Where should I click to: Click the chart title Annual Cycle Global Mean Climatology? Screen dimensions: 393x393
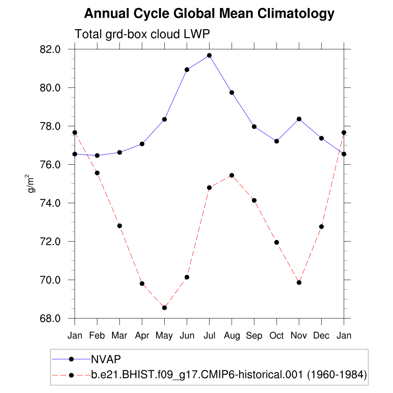(209, 14)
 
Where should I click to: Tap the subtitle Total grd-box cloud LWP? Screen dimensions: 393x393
(142, 34)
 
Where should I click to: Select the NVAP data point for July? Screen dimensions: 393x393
(209, 55)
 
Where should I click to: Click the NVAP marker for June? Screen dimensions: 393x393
(187, 69)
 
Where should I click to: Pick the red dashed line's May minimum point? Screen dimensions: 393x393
(165, 307)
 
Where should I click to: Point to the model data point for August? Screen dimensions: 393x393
(231, 175)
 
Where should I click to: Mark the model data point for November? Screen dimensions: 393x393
(299, 282)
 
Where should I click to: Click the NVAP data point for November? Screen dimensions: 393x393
(299, 119)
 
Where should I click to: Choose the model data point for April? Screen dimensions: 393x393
(142, 284)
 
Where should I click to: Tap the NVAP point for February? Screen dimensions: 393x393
(97, 155)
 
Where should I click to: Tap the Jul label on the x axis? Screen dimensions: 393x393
(209, 336)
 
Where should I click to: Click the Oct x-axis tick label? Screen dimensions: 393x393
(276, 336)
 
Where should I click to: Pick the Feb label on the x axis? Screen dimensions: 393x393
(97, 336)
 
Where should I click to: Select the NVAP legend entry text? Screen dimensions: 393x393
(106, 359)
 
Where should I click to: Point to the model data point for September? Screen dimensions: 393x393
(254, 200)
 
